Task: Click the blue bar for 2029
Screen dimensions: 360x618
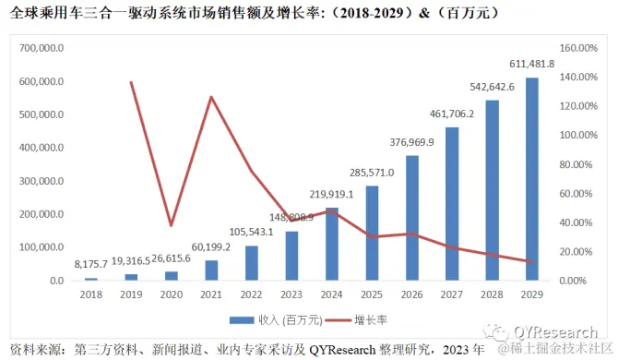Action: pyautogui.click(x=532, y=179)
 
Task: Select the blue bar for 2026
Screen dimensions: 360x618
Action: pyautogui.click(x=412, y=218)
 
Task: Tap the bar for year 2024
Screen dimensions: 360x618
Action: pyautogui.click(x=332, y=244)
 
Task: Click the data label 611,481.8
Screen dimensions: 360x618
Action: pyautogui.click(x=531, y=63)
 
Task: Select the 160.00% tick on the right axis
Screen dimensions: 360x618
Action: pyautogui.click(x=580, y=47)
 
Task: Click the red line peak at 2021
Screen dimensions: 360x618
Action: pyautogui.click(x=211, y=97)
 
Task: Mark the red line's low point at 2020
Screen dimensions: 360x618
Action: pyautogui.click(x=171, y=224)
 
